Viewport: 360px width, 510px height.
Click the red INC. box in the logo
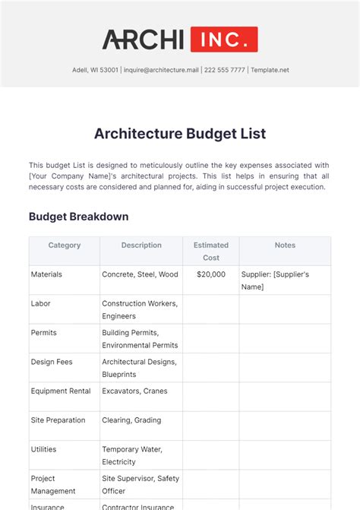224,40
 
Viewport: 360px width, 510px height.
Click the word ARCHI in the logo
143,40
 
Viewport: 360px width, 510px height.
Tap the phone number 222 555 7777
226,71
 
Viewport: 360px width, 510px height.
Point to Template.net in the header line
270,71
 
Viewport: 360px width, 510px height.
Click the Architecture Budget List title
180,134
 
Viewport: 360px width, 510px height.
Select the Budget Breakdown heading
78,217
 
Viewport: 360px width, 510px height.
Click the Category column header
65,245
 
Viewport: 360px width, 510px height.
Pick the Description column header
141,245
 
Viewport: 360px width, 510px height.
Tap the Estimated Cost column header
211,252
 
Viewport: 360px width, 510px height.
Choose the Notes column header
285,245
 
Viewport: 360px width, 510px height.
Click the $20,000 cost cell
210,274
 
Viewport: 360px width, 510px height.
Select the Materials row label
46,274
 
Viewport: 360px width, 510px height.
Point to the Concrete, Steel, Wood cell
140,274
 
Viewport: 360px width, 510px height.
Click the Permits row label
44,333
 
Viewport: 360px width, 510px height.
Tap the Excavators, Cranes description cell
134,391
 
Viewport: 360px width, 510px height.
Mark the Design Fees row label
52,363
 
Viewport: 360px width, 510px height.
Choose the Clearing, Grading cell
131,420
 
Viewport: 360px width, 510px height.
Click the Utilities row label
44,450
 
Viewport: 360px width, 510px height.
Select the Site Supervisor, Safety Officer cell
141,485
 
